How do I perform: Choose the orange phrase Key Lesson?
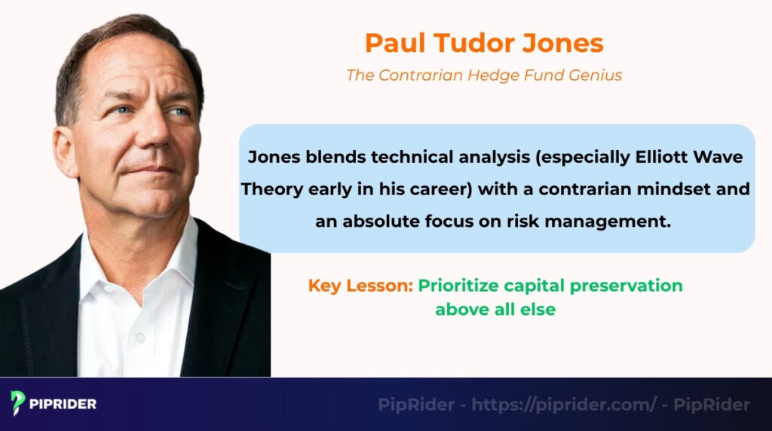[x=360, y=286]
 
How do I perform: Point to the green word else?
[x=540, y=310]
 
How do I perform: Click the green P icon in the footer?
[x=17, y=402]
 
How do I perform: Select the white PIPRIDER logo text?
[x=63, y=404]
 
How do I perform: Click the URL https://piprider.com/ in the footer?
[x=564, y=405]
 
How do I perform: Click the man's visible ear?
[x=63, y=147]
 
